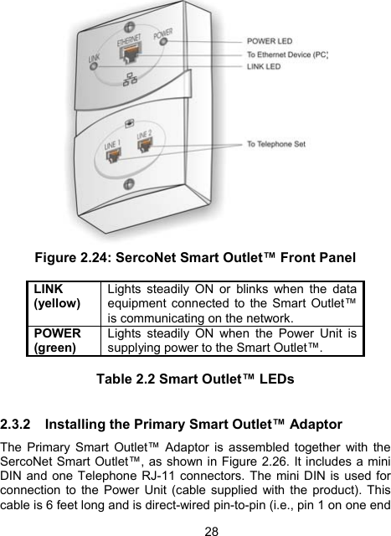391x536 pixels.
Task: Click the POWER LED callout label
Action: point(269,40)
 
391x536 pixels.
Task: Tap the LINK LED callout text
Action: point(264,67)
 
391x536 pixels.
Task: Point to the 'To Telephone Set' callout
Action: point(276,144)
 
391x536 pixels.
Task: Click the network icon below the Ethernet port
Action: point(129,81)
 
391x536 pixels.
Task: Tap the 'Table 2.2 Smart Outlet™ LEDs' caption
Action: point(195,379)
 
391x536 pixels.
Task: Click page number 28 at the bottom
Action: point(195,528)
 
